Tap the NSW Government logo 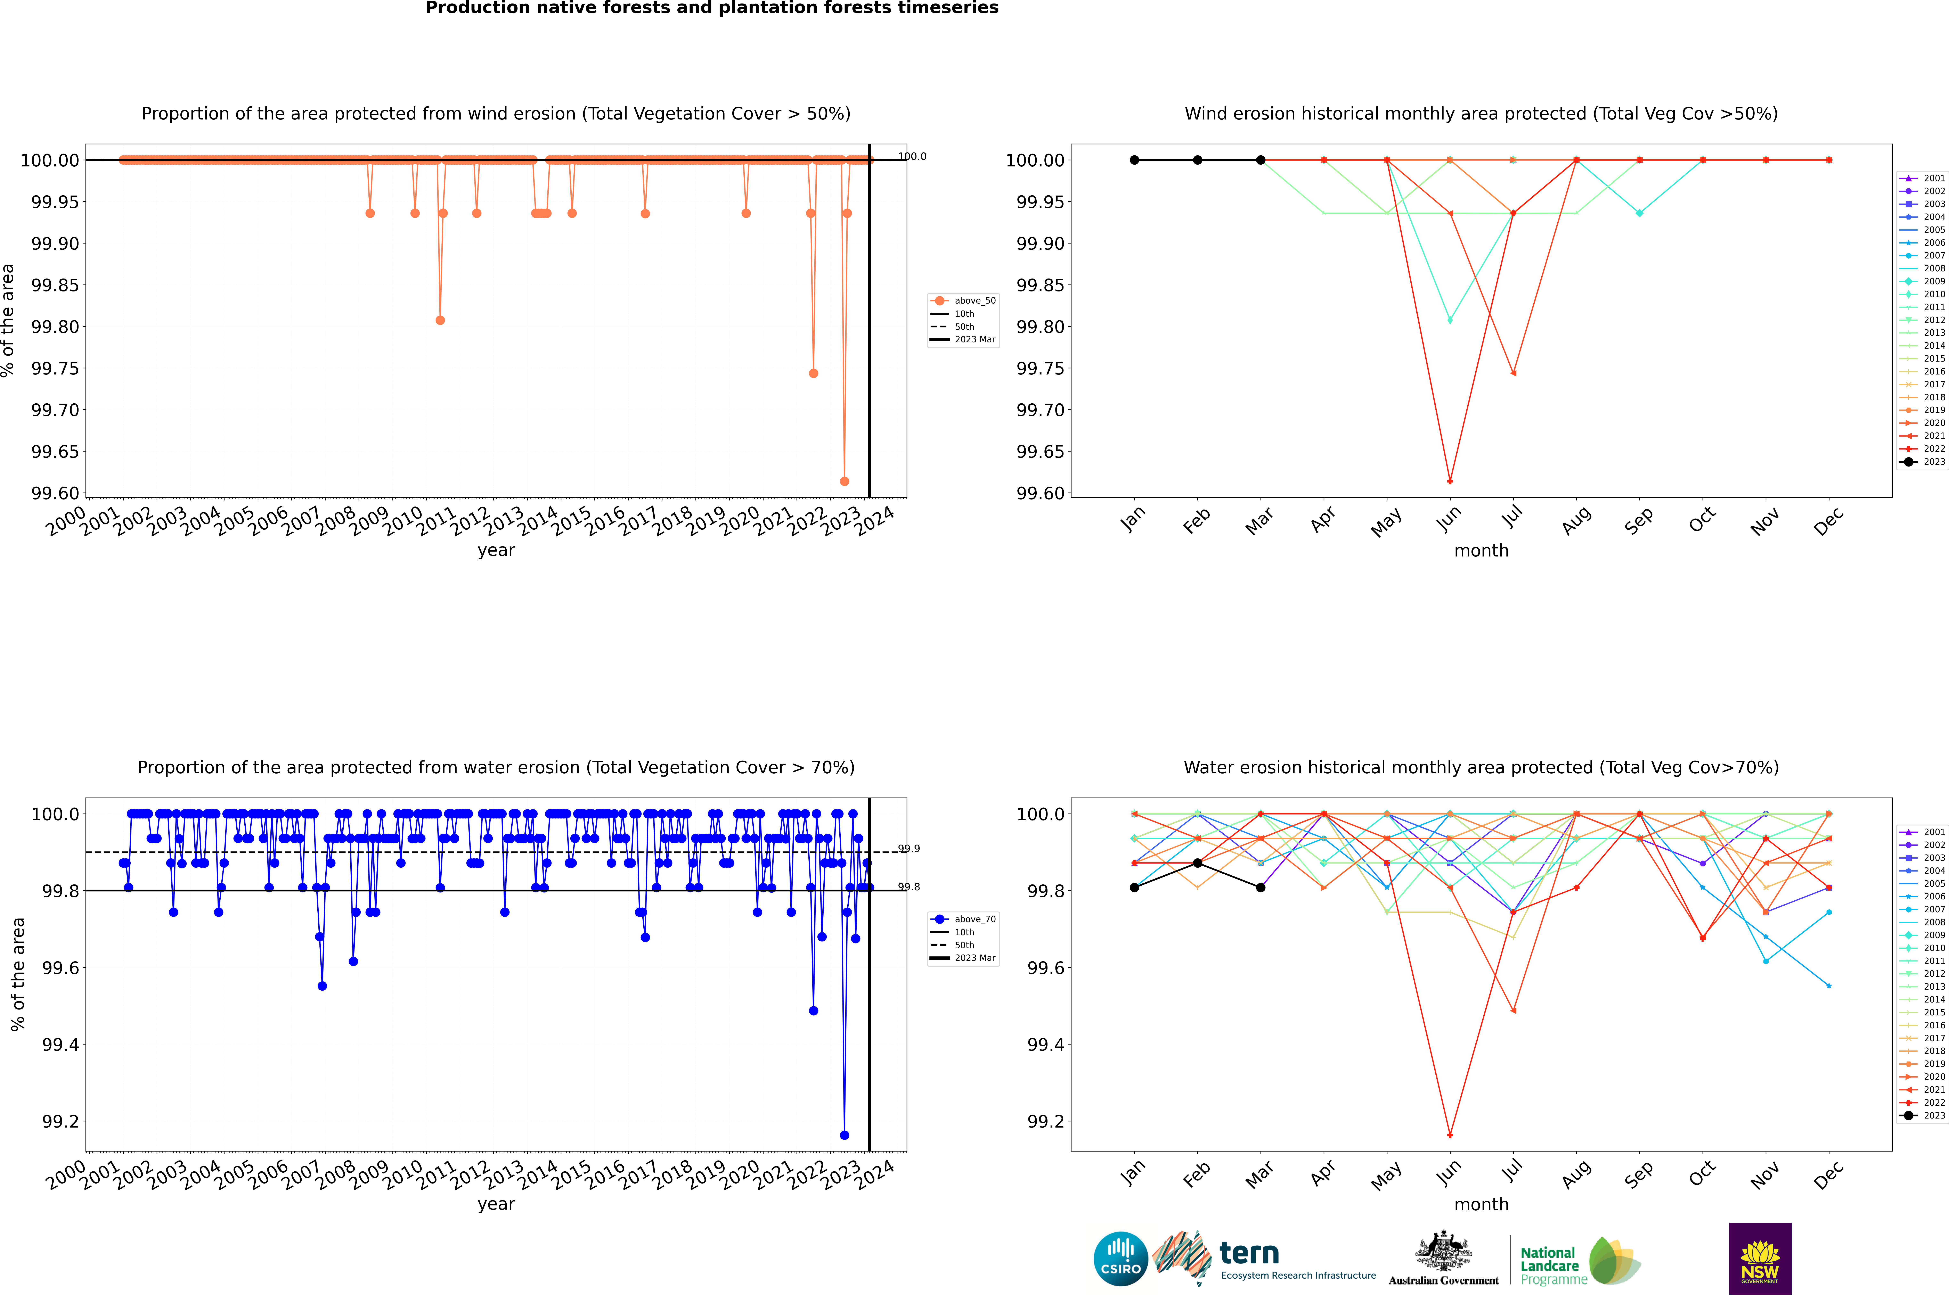tap(1760, 1259)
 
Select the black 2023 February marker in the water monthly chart tap(1197, 863)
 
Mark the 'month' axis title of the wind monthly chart tap(1481, 551)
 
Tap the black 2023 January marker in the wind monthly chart tap(1134, 160)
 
